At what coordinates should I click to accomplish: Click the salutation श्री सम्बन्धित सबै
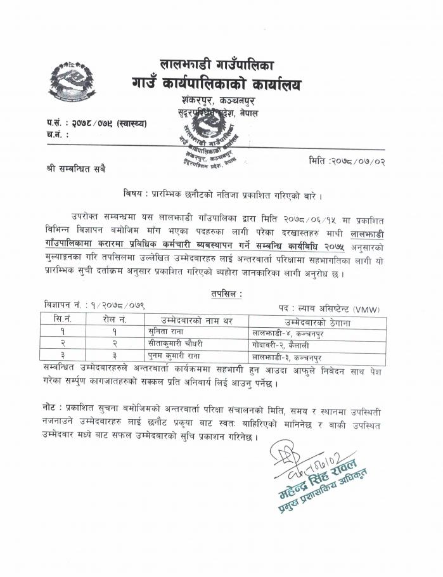(76, 169)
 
